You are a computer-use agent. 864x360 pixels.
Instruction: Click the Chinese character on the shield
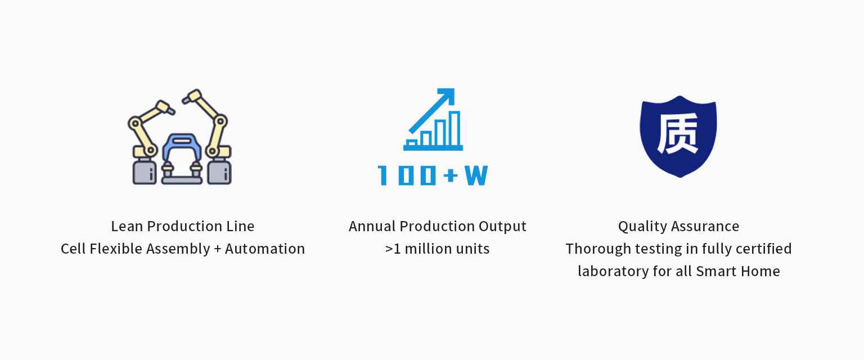pos(678,133)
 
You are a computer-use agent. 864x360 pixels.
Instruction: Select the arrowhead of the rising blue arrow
pos(447,96)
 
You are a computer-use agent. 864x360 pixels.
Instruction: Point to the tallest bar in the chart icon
pos(454,128)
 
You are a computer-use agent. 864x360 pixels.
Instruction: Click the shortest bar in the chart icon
pos(412,142)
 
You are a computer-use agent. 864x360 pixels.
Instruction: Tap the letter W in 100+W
pos(476,175)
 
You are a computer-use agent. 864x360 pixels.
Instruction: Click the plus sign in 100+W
pos(451,176)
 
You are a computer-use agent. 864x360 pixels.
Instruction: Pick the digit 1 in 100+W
pos(382,175)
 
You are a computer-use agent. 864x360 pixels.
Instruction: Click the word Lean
pos(127,227)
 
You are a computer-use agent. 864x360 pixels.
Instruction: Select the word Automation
pos(265,249)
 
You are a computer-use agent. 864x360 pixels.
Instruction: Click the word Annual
pos(372,227)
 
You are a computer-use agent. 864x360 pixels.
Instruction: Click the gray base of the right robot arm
pos(219,172)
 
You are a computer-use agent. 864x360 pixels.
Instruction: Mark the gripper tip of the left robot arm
pos(171,112)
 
